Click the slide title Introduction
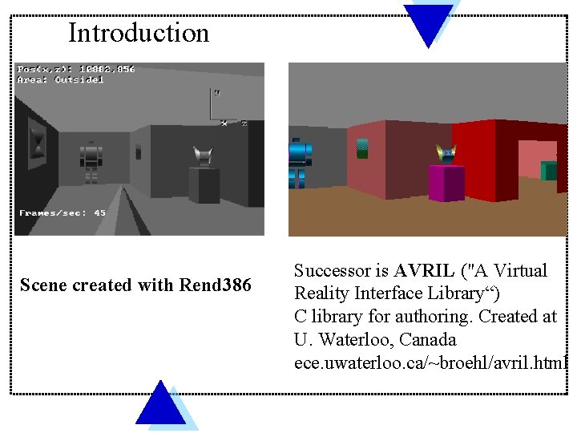(138, 33)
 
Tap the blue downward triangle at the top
(428, 21)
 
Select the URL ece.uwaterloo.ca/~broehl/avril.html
(430, 362)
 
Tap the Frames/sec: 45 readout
(63, 213)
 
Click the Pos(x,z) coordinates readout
(76, 69)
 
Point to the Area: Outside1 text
(61, 79)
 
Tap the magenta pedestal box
(446, 183)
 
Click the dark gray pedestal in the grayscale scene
(204, 184)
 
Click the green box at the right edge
(549, 170)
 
